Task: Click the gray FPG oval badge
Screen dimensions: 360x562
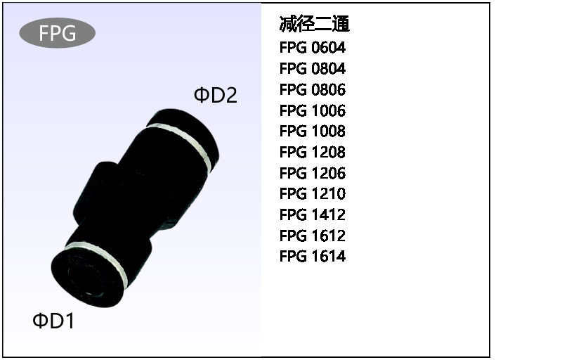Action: (58, 34)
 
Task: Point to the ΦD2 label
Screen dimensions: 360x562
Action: (216, 95)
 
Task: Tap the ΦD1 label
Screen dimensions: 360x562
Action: (53, 321)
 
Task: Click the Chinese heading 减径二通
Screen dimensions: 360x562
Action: (314, 25)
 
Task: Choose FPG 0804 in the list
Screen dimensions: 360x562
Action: (313, 69)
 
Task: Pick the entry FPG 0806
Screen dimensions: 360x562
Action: (313, 89)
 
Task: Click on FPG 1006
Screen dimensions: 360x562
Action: (313, 110)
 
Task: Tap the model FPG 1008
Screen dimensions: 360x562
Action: (313, 131)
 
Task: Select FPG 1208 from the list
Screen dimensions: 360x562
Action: (313, 152)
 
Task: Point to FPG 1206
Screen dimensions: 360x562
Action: (313, 173)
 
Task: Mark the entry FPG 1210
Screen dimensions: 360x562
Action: (313, 193)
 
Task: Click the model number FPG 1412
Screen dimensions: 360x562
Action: (313, 214)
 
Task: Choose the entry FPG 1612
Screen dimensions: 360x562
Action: (313, 236)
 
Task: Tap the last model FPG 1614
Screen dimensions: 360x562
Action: (313, 256)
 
